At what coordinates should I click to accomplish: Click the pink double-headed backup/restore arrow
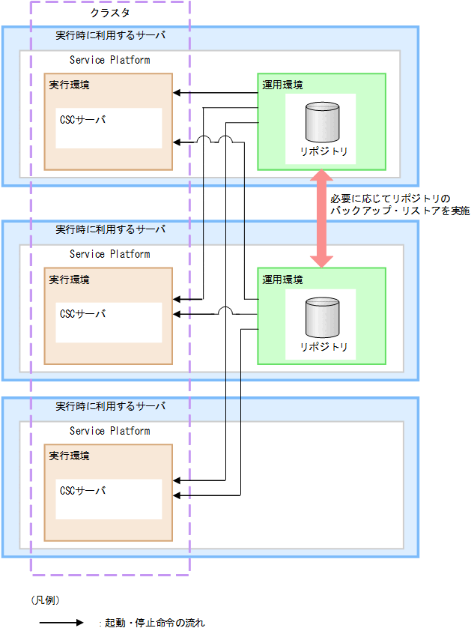point(322,217)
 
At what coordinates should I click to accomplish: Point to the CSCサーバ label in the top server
point(83,119)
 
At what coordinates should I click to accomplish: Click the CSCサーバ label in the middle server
point(83,313)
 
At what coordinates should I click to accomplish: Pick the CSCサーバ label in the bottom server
point(83,490)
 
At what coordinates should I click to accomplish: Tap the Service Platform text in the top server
point(109,60)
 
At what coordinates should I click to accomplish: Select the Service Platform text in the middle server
point(109,254)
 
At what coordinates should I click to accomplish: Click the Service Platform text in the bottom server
point(109,431)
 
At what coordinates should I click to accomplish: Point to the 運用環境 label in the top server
point(282,85)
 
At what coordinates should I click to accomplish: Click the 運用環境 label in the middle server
point(282,280)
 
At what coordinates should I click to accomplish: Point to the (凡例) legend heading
point(46,600)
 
